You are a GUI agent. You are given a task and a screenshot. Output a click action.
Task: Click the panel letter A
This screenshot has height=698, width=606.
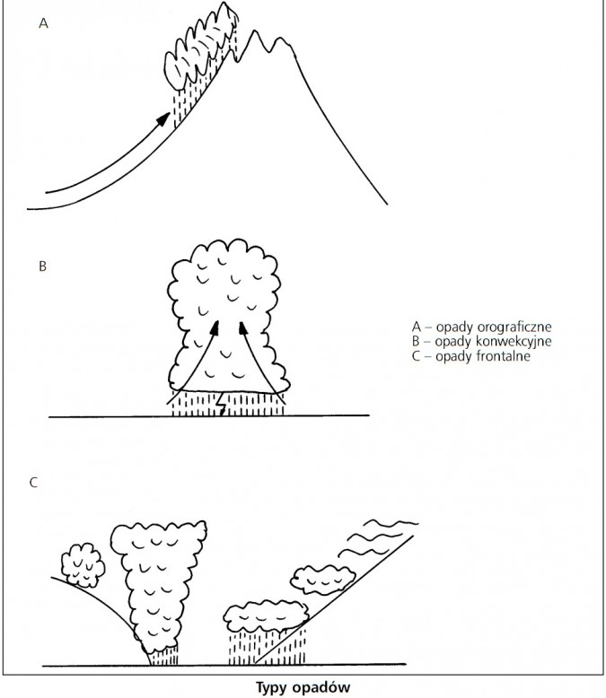[x=43, y=23]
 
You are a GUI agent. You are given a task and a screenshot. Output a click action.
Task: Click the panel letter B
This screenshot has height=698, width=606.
[x=43, y=266]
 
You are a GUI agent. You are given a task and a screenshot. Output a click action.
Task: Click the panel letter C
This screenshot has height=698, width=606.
[x=33, y=483]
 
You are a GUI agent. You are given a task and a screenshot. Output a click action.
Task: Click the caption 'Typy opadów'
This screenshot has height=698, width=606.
[x=303, y=687]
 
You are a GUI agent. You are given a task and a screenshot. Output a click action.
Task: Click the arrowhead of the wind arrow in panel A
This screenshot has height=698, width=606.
[x=163, y=119]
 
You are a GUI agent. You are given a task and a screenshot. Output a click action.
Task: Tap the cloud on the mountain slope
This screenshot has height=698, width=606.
[x=200, y=49]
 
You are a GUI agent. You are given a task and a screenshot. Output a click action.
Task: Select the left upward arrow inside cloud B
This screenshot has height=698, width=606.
[x=194, y=362]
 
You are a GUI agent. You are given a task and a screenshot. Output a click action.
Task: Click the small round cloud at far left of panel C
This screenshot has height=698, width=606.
[x=83, y=565]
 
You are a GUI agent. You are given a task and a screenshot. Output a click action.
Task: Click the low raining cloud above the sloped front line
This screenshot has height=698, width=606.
[x=266, y=617]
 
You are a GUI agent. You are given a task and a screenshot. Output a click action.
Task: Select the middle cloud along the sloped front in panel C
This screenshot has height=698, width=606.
[x=322, y=580]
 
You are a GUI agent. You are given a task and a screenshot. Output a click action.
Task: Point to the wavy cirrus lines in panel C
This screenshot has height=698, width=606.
[x=378, y=537]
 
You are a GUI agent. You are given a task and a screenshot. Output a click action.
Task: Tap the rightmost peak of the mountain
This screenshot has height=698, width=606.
[x=281, y=40]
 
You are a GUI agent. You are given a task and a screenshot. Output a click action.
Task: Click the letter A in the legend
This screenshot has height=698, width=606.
[x=417, y=327]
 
